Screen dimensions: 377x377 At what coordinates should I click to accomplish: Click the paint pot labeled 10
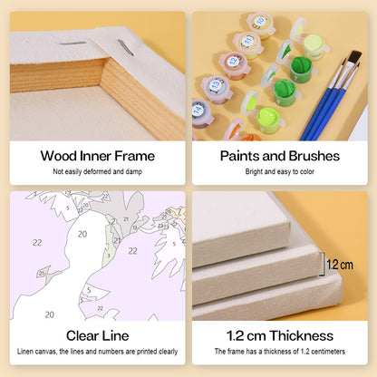coord(260,25)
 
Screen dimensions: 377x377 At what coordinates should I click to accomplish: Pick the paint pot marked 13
coord(217,89)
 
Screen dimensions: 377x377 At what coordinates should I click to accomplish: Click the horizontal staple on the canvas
coord(72,43)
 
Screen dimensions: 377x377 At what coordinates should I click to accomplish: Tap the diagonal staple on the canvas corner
coord(125,47)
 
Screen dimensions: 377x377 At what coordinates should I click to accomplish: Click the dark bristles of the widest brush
coord(354,57)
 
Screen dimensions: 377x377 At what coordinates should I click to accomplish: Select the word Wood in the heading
coord(59,156)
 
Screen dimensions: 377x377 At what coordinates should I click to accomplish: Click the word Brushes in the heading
coord(314,156)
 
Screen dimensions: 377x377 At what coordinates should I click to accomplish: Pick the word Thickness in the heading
coord(302,335)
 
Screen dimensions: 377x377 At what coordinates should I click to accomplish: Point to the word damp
coord(134,171)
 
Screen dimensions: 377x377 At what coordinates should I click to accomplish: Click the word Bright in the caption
coord(254,171)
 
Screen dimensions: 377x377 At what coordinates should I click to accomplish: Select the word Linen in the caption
coord(25,352)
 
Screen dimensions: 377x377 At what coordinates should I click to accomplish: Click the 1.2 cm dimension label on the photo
coord(340,265)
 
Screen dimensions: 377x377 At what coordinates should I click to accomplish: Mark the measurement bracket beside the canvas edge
coord(323,264)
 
